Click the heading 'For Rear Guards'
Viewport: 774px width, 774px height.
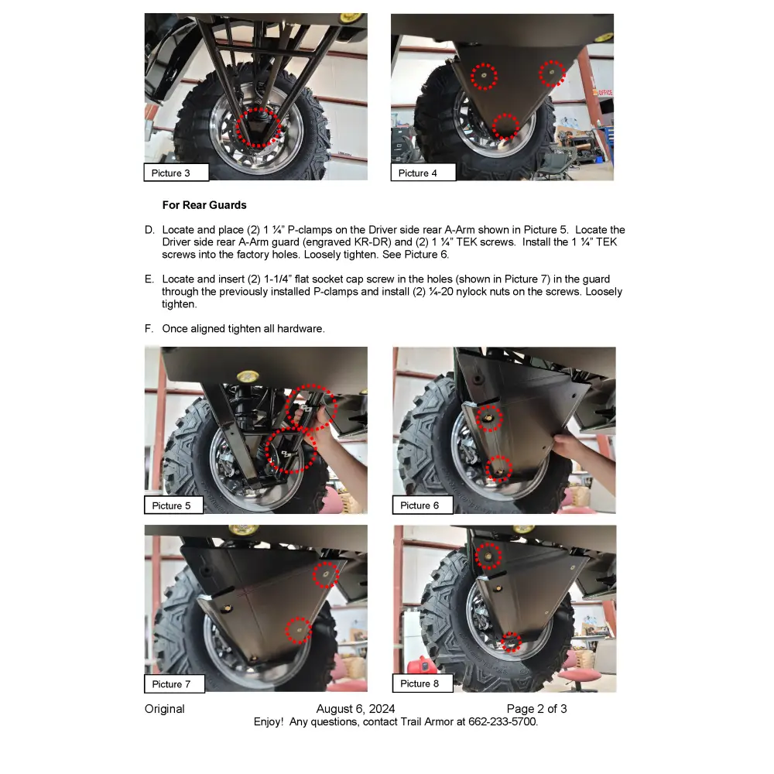point(204,205)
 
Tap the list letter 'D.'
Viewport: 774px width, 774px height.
point(149,230)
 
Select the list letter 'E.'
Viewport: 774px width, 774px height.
point(149,279)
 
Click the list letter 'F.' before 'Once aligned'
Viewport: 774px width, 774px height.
point(149,328)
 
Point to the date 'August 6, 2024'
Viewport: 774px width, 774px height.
point(355,709)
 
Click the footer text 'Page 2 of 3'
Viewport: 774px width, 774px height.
point(536,709)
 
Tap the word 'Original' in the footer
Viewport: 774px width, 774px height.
point(165,709)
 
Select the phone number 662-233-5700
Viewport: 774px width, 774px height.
point(504,721)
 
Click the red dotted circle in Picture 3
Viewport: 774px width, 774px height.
point(256,126)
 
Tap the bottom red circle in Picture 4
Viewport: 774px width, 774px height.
point(505,125)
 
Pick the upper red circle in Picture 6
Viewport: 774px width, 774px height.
point(488,418)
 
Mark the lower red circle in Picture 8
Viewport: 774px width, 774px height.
point(510,641)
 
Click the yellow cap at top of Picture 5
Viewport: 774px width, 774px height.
point(248,377)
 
